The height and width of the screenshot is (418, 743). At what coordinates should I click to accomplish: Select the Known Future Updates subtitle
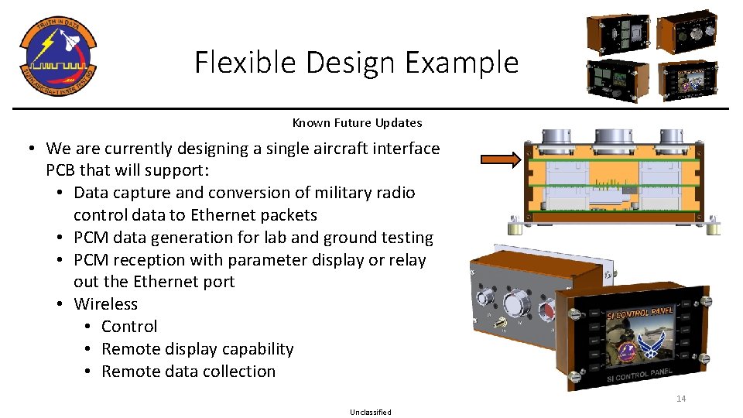click(x=357, y=123)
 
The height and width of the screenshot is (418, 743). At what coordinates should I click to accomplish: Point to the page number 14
click(x=681, y=399)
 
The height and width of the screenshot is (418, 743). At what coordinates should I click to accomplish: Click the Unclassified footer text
click(x=371, y=413)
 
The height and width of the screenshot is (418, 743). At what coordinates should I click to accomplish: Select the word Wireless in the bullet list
click(x=106, y=304)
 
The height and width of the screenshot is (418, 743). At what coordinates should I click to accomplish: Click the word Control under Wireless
click(x=129, y=327)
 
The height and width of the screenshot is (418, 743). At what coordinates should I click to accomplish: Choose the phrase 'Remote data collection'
click(x=188, y=372)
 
